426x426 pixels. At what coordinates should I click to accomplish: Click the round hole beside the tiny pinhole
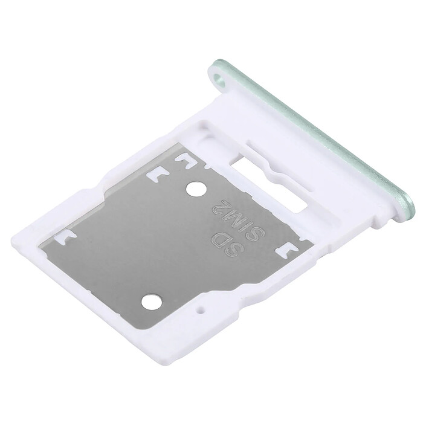click(152, 300)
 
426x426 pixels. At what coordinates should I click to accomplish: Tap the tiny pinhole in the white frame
click(201, 312)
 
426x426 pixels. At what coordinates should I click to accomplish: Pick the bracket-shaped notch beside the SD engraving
click(284, 248)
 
